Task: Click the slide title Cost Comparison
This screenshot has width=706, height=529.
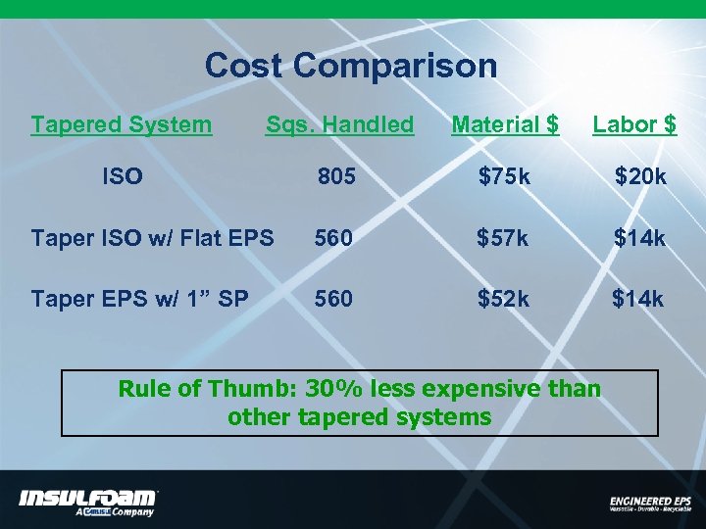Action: (350, 66)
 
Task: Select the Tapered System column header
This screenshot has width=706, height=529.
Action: (121, 124)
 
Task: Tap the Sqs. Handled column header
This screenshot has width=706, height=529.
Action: (339, 124)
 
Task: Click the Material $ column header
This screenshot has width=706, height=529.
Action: (505, 124)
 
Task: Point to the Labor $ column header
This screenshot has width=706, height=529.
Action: (634, 124)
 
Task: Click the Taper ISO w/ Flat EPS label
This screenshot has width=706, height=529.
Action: (152, 238)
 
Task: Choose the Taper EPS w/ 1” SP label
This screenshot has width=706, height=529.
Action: (140, 298)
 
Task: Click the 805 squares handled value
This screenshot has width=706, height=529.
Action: (334, 177)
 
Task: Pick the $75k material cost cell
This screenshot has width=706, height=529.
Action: (504, 177)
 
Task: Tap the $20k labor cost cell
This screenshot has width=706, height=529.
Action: (640, 177)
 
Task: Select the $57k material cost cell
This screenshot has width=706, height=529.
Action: (503, 238)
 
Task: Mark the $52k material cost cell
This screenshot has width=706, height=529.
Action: (503, 298)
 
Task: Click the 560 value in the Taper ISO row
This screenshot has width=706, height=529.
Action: (333, 238)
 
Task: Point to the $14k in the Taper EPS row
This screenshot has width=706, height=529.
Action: (638, 298)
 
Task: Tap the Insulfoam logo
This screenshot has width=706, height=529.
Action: (87, 501)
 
